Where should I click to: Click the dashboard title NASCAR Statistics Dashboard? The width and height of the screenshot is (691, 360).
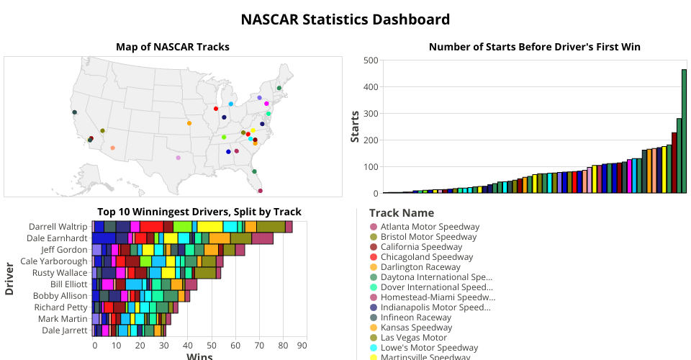(x=345, y=19)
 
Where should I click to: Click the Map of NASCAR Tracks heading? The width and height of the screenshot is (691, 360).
(x=173, y=47)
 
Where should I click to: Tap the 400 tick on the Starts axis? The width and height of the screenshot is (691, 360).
(x=370, y=87)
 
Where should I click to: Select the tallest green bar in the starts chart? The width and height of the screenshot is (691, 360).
(x=684, y=131)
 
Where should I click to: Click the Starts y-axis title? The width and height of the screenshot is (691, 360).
(x=355, y=127)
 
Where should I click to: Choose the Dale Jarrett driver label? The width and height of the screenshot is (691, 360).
(x=63, y=330)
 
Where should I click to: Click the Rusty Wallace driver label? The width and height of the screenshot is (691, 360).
(x=60, y=273)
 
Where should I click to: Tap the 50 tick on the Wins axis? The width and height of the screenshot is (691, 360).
(x=211, y=346)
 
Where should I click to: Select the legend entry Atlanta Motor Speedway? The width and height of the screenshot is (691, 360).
(x=430, y=227)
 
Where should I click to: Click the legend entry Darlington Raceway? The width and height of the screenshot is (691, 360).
(x=420, y=267)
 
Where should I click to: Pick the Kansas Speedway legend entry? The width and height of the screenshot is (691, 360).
(x=416, y=328)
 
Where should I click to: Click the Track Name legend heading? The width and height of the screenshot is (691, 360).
(x=401, y=213)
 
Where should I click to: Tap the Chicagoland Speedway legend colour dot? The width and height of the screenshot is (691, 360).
(x=373, y=257)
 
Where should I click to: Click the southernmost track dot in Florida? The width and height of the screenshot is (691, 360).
(x=260, y=191)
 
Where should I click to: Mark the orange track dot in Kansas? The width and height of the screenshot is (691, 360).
(x=189, y=123)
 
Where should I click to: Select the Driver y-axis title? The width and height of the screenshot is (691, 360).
(x=10, y=279)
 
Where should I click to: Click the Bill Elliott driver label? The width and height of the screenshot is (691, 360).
(x=67, y=284)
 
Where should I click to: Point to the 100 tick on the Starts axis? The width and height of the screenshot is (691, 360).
(x=370, y=167)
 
